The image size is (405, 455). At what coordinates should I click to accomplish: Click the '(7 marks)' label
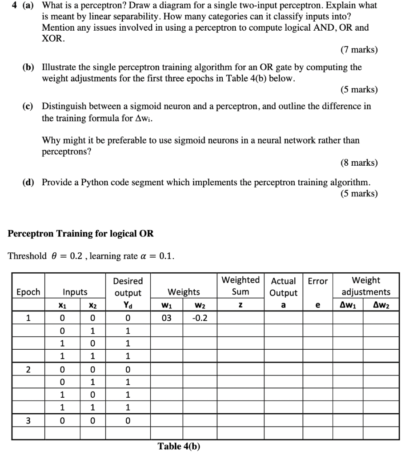[x=359, y=50]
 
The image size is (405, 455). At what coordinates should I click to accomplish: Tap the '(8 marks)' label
[x=359, y=163]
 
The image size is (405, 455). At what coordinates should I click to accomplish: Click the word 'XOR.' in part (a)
[x=53, y=38]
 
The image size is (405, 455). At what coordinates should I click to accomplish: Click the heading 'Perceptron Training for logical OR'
[x=81, y=233]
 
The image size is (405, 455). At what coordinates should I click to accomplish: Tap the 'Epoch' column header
[x=28, y=292]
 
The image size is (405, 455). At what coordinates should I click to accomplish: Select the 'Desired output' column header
[x=128, y=287]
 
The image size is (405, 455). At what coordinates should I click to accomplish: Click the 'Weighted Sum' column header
[x=241, y=286]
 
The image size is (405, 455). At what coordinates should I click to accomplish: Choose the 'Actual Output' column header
[x=284, y=287]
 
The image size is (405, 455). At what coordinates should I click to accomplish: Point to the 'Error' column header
[x=317, y=281]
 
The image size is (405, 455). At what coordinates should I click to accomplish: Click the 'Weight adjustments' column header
[x=365, y=286]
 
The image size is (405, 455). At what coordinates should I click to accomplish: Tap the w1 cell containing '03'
[x=166, y=318]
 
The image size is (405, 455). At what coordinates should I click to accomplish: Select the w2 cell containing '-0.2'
[x=198, y=318]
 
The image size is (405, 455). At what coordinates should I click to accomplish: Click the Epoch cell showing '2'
[x=28, y=369]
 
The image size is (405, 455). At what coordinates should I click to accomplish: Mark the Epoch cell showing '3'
[x=28, y=420]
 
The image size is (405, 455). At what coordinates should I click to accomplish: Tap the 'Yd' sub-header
[x=128, y=305]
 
